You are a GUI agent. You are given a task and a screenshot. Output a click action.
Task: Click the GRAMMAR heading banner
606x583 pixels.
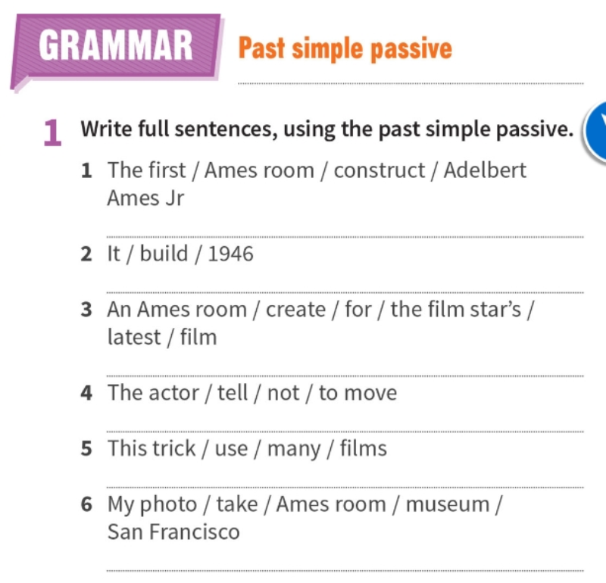click(x=116, y=47)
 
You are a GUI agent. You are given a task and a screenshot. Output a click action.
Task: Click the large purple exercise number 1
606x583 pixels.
click(x=52, y=133)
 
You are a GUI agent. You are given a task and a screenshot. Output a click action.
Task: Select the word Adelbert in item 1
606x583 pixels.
click(x=485, y=170)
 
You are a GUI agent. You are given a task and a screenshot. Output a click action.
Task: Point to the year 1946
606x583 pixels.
click(x=230, y=254)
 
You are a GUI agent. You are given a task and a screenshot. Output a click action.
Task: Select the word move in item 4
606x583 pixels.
click(x=370, y=393)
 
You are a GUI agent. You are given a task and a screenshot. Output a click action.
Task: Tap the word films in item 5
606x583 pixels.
click(x=363, y=448)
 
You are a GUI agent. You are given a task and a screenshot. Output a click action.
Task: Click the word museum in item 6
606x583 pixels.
click(x=448, y=504)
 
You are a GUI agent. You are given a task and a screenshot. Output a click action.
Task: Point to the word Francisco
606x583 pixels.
click(x=195, y=532)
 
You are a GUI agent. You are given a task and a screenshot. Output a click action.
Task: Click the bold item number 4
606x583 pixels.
click(x=86, y=394)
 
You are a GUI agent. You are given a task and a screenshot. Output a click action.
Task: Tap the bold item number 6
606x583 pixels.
click(x=86, y=505)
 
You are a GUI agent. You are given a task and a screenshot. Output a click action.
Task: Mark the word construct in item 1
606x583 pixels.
click(x=380, y=170)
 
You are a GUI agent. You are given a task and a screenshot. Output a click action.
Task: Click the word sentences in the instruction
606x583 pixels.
click(x=225, y=129)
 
